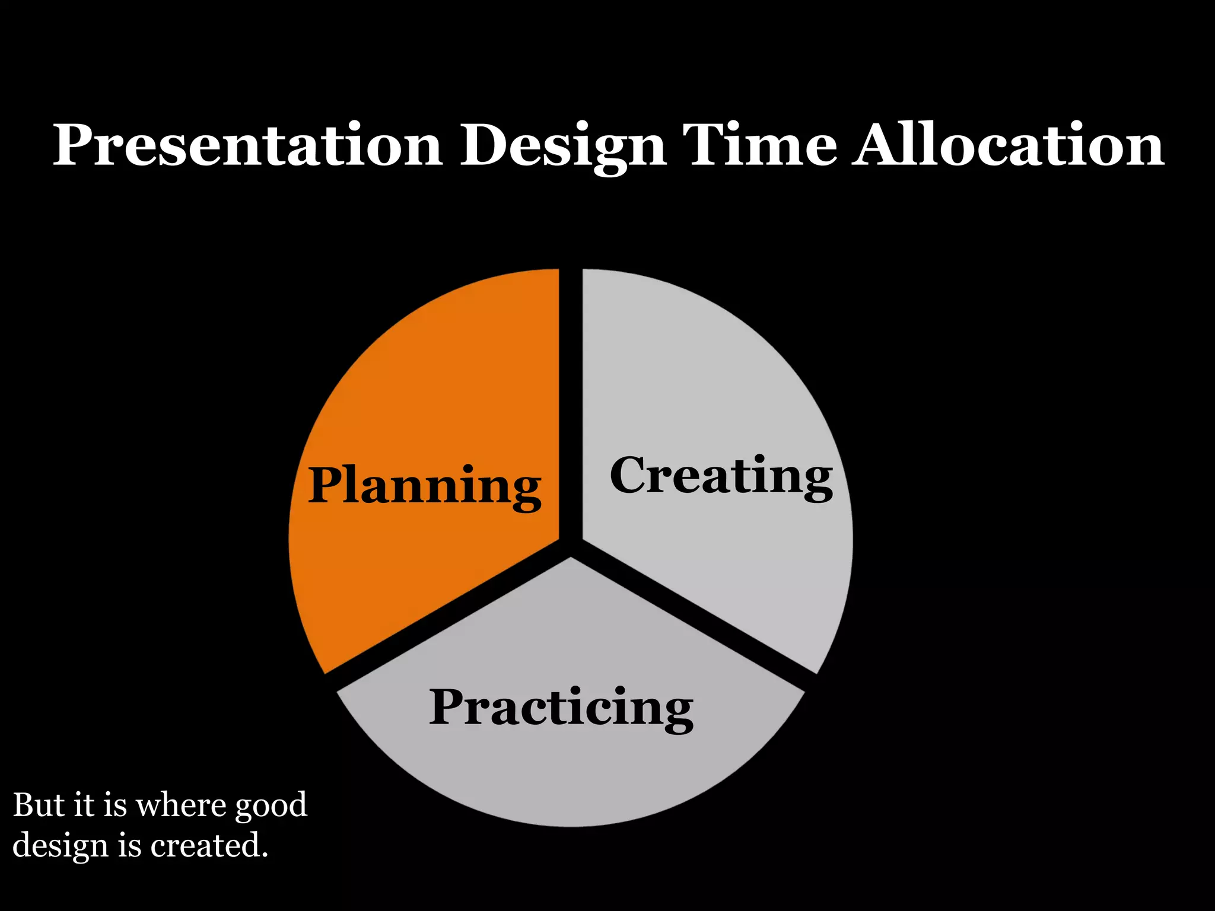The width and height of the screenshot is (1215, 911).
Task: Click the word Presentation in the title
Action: click(x=247, y=145)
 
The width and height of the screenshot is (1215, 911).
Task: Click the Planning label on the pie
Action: click(x=424, y=486)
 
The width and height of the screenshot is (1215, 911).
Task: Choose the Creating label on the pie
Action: click(x=721, y=476)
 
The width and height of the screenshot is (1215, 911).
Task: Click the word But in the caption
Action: click(x=39, y=805)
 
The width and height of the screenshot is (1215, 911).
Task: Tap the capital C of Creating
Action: click(x=630, y=475)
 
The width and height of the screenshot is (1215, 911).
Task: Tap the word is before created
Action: click(x=129, y=845)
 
